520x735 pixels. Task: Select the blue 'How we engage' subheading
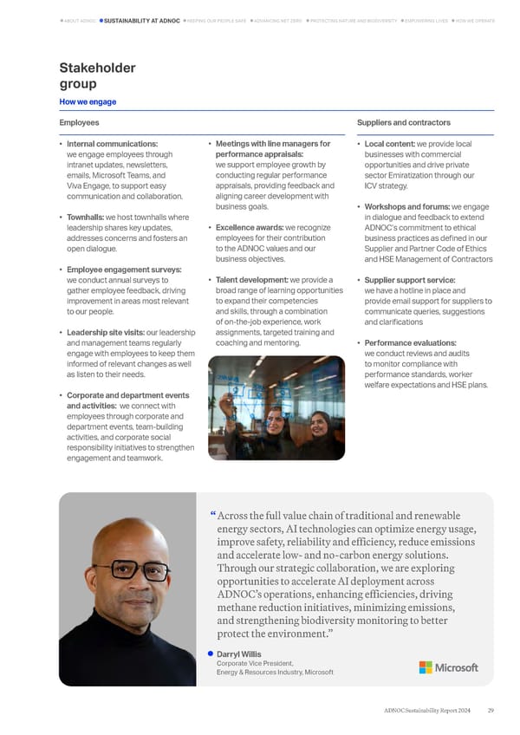(x=88, y=102)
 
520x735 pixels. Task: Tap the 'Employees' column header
(x=79, y=124)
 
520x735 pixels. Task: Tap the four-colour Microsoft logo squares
(x=426, y=667)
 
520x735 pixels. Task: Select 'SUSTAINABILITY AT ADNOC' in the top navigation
(x=142, y=20)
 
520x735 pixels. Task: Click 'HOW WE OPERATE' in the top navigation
(x=475, y=20)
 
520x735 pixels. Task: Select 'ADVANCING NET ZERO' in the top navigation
(x=277, y=20)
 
